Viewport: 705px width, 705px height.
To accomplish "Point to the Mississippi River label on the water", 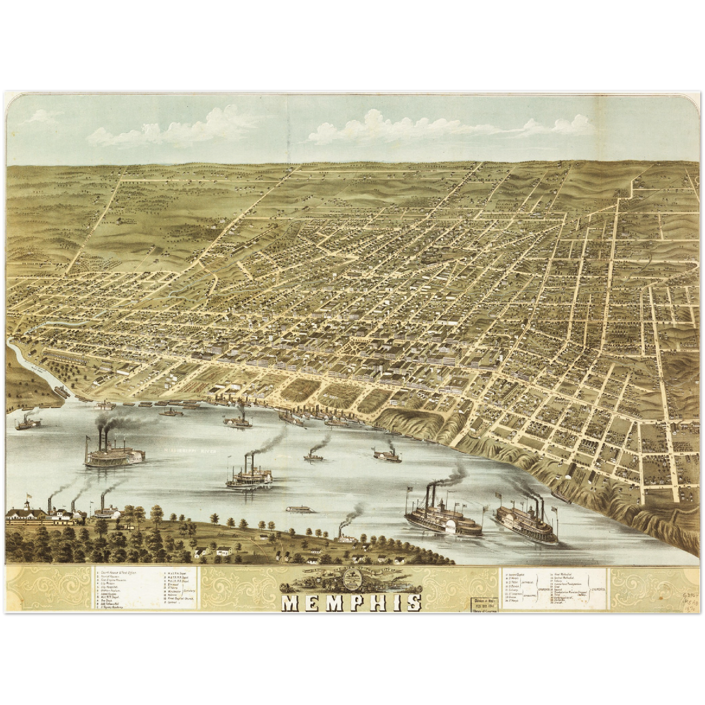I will tap(193, 451).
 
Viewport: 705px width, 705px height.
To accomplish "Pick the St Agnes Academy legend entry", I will tap(117, 608).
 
